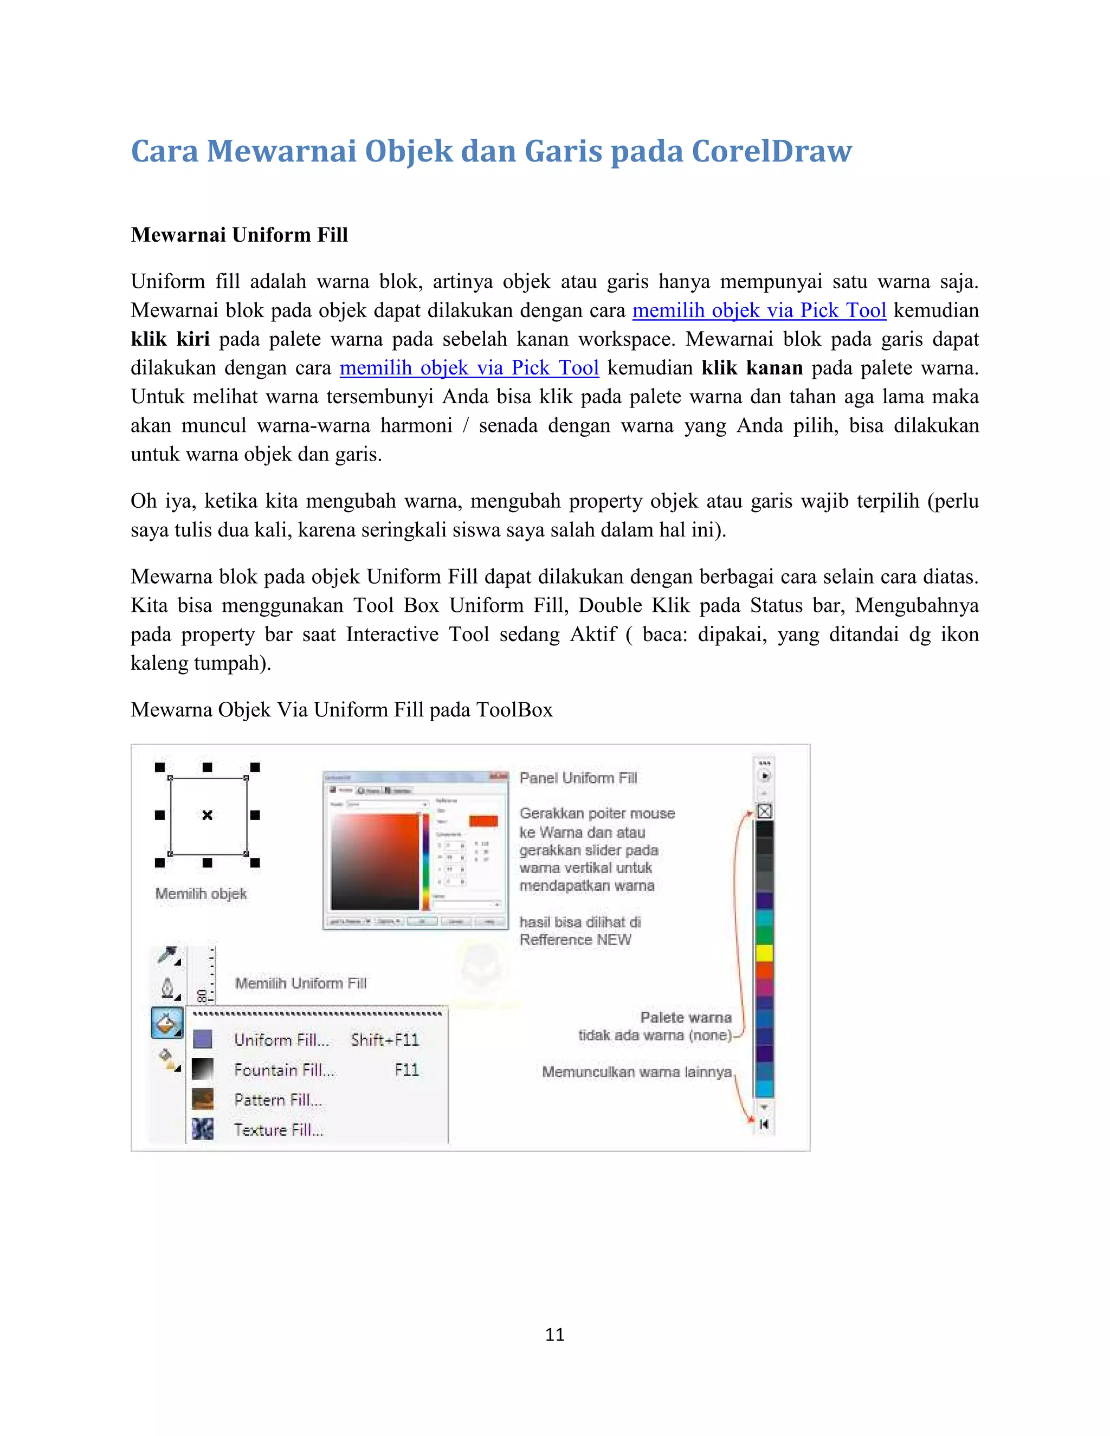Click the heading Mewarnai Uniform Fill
pyautogui.click(x=240, y=235)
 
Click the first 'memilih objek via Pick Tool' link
pyautogui.click(x=759, y=311)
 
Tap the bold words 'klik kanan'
pyautogui.click(x=752, y=367)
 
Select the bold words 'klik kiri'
pyautogui.click(x=170, y=339)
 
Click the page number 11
pyautogui.click(x=554, y=1334)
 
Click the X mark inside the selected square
pyautogui.click(x=207, y=816)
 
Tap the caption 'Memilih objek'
pyautogui.click(x=201, y=894)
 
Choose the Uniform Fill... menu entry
pyautogui.click(x=281, y=1039)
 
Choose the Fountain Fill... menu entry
pyautogui.click(x=284, y=1070)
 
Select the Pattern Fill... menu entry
pyautogui.click(x=278, y=1100)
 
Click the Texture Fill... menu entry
pyautogui.click(x=279, y=1130)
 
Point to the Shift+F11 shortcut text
pyautogui.click(x=385, y=1039)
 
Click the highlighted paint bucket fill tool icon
pyautogui.click(x=167, y=1023)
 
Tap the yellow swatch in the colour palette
pyautogui.click(x=764, y=953)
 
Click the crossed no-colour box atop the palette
pyautogui.click(x=764, y=811)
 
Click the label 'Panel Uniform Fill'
pyautogui.click(x=578, y=778)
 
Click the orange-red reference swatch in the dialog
pyautogui.click(x=483, y=820)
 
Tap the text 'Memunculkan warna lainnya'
pyautogui.click(x=636, y=1072)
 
